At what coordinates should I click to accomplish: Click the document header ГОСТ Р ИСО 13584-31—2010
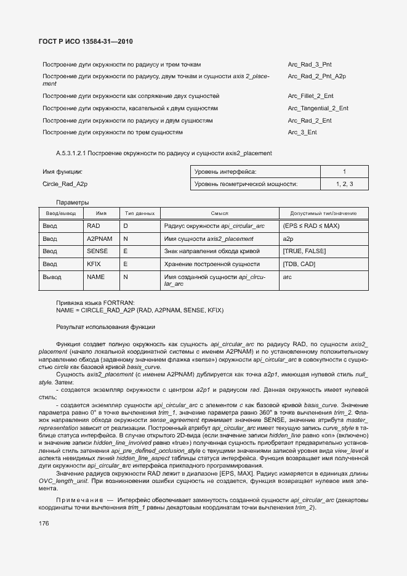click(86, 41)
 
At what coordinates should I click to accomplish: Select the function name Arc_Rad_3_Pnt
click(310, 64)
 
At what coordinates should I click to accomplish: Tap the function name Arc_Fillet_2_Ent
click(311, 96)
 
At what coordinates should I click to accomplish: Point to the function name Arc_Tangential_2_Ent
click(318, 108)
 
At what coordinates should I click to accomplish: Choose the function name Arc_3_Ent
click(302, 132)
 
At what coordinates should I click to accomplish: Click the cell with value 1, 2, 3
click(344, 184)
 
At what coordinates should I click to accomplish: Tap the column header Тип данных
click(139, 213)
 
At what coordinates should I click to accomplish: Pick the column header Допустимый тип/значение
click(323, 213)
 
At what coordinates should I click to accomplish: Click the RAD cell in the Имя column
click(93, 226)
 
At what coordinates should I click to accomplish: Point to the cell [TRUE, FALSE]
click(304, 251)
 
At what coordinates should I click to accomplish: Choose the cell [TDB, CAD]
click(299, 264)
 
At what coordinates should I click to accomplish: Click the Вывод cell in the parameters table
click(52, 277)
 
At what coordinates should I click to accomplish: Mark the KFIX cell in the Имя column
click(94, 264)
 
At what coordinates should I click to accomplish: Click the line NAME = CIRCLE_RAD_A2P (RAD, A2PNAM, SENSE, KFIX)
click(140, 310)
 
